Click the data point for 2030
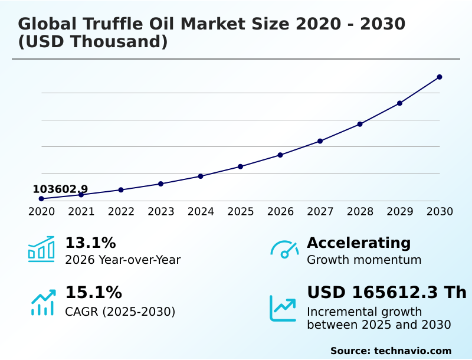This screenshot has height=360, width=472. [440, 77]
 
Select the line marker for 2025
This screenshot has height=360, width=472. [241, 166]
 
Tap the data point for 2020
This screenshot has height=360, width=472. [41, 199]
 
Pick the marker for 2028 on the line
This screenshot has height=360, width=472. [360, 124]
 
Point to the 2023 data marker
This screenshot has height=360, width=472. [161, 184]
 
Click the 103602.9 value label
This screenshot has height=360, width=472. [60, 189]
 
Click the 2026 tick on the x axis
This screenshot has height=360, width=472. [280, 211]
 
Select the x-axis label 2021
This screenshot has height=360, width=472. [81, 211]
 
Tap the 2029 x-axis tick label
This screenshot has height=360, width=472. [400, 211]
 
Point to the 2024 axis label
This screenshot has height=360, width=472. [201, 211]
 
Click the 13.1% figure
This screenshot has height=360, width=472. [90, 243]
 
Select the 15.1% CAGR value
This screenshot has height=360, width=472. [93, 293]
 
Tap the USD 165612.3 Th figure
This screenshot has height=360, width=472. [386, 293]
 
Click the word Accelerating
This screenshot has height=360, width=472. [359, 243]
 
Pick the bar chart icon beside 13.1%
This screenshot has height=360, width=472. [41, 249]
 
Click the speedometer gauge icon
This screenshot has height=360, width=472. [284, 250]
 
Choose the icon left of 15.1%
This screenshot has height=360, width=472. [42, 302]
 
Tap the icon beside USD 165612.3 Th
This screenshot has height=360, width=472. [283, 308]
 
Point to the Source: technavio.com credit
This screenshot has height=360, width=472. [391, 351]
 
